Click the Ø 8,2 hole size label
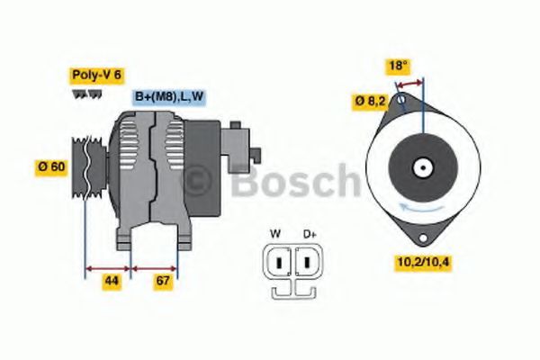[370, 103]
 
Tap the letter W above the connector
[275, 234]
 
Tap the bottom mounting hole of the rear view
[419, 237]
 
